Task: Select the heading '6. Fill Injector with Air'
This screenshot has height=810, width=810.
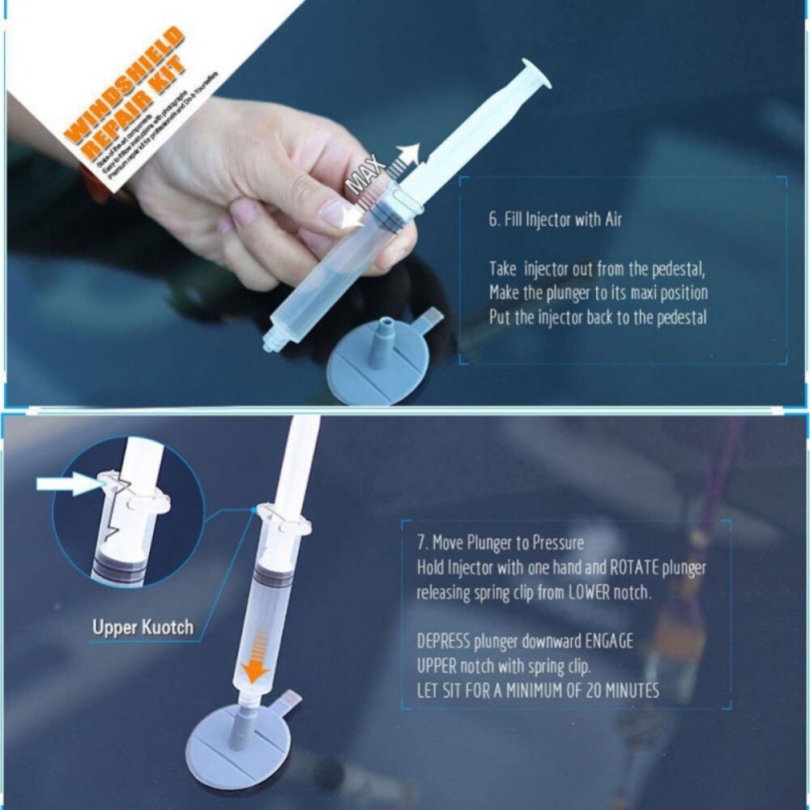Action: (x=555, y=220)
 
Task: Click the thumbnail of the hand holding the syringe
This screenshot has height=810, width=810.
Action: (x=267, y=194)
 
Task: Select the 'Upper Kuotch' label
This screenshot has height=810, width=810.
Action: (x=143, y=627)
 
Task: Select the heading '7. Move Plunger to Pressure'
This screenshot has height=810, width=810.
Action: (x=500, y=543)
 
